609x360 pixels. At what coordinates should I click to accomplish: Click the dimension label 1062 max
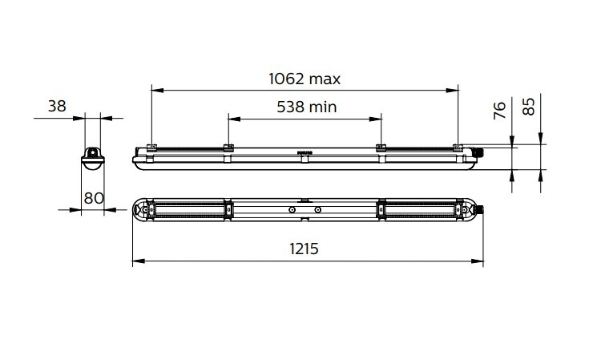(x=304, y=79)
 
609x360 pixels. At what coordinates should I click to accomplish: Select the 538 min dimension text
(x=306, y=107)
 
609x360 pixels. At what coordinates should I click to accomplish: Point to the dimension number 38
(x=56, y=106)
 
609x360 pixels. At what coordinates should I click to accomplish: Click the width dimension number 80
(x=93, y=198)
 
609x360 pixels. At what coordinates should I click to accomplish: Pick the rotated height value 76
(x=499, y=111)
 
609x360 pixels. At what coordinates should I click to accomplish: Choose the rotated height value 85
(x=528, y=107)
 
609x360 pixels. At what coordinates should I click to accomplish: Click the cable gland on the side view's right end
(x=482, y=151)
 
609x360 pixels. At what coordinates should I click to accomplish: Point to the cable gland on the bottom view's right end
(x=482, y=210)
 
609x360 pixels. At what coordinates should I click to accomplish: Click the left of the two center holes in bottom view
(x=293, y=210)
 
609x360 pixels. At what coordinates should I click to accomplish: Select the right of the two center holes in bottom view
(x=318, y=210)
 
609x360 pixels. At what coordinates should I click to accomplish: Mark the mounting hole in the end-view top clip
(x=93, y=150)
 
